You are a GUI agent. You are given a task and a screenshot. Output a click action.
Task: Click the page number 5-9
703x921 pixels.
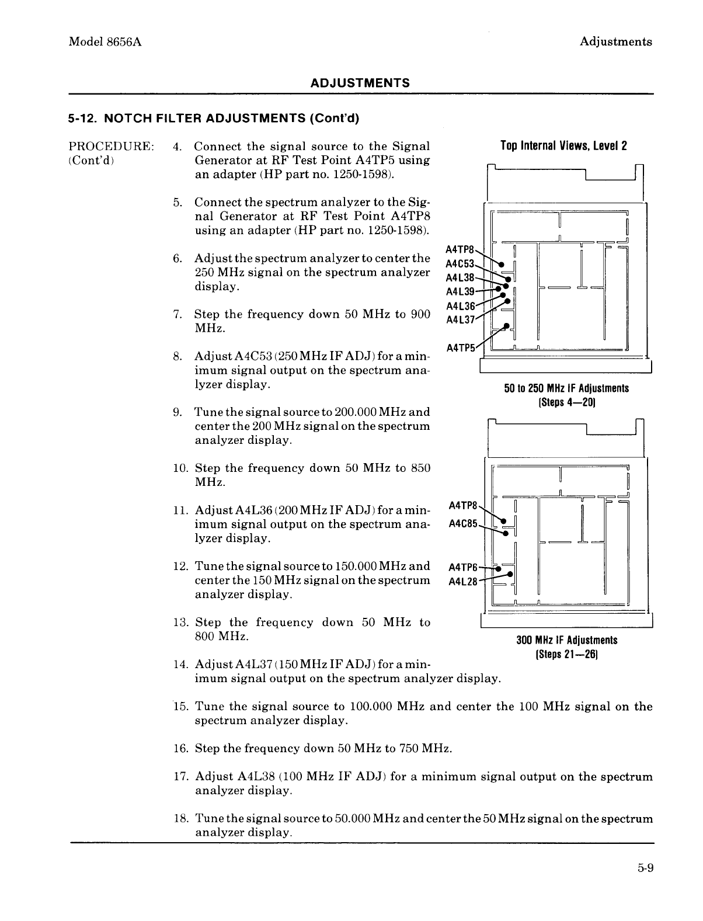pos(645,868)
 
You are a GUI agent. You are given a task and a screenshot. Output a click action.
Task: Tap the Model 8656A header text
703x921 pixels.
pos(106,41)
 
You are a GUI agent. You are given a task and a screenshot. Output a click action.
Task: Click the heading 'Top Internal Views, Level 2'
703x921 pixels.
pos(563,146)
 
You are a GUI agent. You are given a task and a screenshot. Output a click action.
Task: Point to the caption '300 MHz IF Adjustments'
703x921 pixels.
pos(566,640)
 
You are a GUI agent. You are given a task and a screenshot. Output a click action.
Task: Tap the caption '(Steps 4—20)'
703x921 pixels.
pos(566,402)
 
